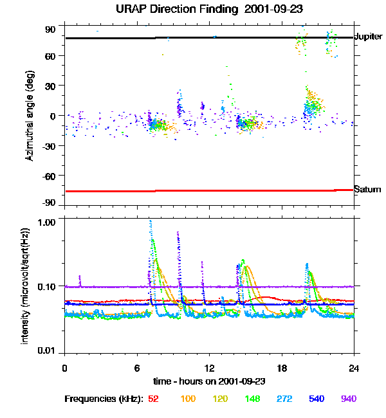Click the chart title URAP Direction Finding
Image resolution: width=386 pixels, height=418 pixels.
pyautogui.click(x=192, y=10)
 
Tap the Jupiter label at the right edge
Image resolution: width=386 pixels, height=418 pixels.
pyautogui.click(x=369, y=37)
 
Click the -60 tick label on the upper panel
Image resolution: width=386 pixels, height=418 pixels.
pyautogui.click(x=49, y=175)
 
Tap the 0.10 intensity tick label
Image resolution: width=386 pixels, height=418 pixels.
pyautogui.click(x=48, y=286)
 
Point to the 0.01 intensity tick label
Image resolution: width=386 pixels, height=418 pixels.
pyautogui.click(x=48, y=350)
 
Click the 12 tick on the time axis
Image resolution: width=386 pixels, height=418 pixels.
pyautogui.click(x=209, y=368)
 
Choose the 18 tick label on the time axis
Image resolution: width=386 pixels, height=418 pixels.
pyautogui.click(x=282, y=368)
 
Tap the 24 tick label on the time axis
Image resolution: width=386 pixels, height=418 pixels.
pyautogui.click(x=354, y=368)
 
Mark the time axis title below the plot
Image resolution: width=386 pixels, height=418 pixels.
pyautogui.click(x=209, y=381)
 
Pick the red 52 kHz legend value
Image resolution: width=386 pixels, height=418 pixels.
pyautogui.click(x=153, y=399)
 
